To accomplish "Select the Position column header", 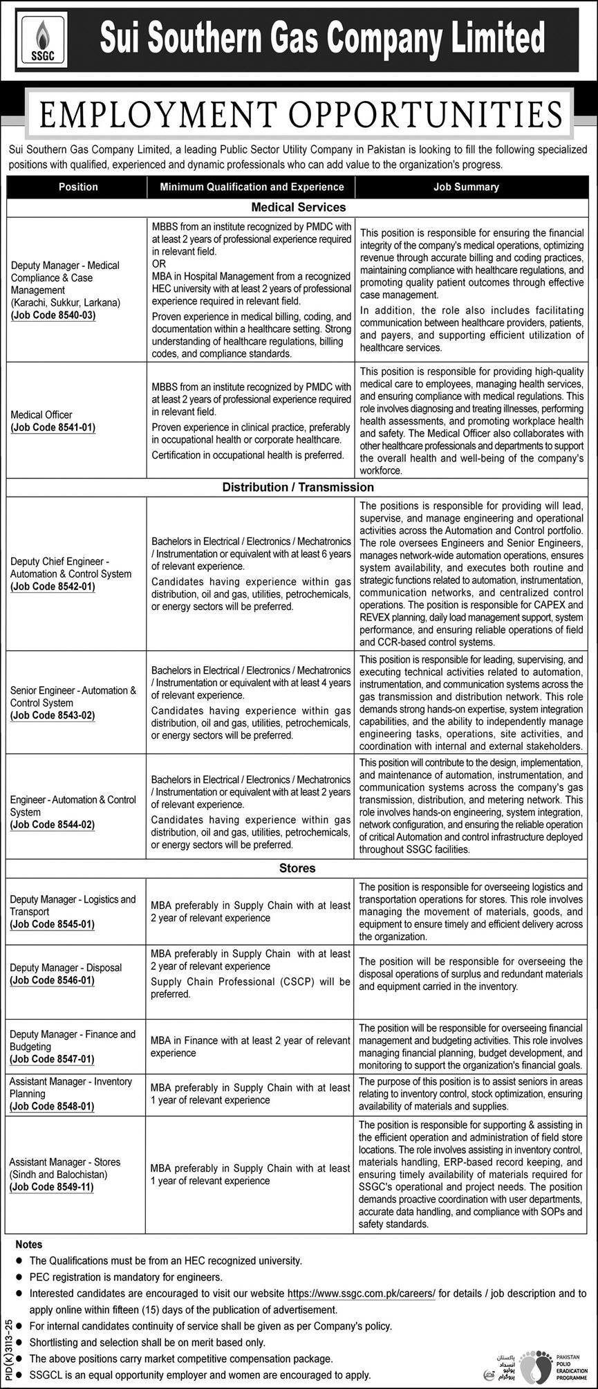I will pos(78,187).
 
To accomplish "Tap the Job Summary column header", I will pos(466,187).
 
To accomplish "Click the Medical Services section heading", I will pos(298,207).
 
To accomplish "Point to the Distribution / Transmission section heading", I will pos(298,487).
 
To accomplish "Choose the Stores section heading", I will pos(298,867).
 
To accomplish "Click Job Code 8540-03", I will pos(53,315).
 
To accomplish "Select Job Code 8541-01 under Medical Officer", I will pos(53,427).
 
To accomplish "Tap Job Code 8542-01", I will pos(53,586).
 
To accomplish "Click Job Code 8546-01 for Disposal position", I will pos(53,979).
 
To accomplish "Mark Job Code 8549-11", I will pos(53,1186).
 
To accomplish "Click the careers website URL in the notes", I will pos(361,1292).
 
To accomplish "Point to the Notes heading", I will pos(28,1244).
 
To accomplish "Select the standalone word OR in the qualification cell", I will pos(158,264).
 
